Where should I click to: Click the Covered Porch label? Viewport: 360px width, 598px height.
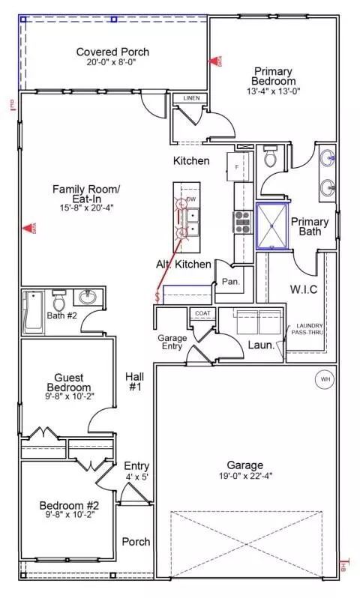[x=112, y=52]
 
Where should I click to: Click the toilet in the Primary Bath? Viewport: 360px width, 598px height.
[x=271, y=158]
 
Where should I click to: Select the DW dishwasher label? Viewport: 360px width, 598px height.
[x=191, y=199]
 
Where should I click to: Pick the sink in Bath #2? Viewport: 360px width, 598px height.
[x=86, y=296]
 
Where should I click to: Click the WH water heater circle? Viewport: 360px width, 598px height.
[x=325, y=378]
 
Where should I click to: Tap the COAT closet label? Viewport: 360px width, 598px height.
[x=202, y=313]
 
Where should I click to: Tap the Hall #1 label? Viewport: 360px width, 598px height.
[x=136, y=383]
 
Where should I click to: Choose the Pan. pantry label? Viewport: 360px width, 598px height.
[x=229, y=282]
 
